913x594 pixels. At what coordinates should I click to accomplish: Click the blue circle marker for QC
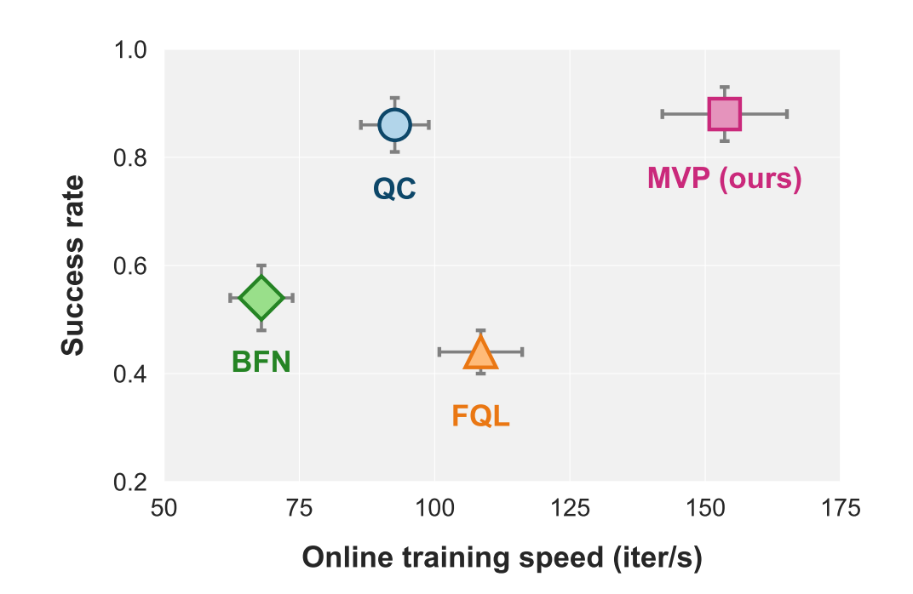(394, 124)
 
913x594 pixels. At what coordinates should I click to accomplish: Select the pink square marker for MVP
(724, 114)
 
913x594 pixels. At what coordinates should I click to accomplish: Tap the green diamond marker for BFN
(261, 298)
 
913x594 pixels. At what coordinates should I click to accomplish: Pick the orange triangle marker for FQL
(480, 352)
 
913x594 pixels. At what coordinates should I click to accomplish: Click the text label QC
(394, 189)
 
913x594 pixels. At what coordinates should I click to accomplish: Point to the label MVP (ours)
(724, 180)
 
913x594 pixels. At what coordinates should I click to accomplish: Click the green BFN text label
(261, 363)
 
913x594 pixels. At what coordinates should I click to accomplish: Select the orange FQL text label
(480, 416)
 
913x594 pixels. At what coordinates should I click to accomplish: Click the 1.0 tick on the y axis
(132, 50)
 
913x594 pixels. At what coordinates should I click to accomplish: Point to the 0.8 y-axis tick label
(132, 158)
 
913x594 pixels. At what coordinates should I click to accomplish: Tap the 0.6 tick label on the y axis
(132, 266)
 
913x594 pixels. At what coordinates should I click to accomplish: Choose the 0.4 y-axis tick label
(132, 374)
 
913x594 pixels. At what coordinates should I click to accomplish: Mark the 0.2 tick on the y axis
(132, 483)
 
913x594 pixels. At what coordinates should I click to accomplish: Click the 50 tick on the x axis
(164, 510)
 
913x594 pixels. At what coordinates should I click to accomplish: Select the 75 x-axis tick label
(299, 510)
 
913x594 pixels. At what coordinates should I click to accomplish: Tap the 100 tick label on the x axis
(434, 510)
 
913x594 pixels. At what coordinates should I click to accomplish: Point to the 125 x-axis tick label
(569, 510)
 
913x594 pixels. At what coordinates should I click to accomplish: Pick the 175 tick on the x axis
(839, 510)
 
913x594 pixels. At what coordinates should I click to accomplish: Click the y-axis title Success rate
(74, 266)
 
